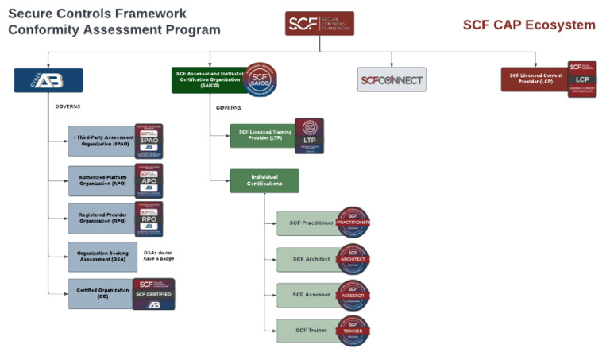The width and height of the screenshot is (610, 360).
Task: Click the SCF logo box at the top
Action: click(x=319, y=23)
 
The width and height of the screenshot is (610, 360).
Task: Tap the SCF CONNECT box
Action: click(x=391, y=79)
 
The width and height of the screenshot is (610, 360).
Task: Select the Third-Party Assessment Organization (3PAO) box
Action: click(x=102, y=141)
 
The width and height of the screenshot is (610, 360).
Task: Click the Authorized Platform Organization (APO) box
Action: click(x=102, y=180)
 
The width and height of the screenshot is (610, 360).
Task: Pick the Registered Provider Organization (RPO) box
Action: click(x=102, y=219)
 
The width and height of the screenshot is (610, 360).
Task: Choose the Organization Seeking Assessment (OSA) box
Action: click(x=102, y=257)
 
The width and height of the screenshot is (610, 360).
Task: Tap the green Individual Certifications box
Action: click(x=264, y=180)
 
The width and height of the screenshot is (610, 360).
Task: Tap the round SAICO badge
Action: click(x=261, y=79)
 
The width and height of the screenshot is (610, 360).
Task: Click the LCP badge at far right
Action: click(x=582, y=79)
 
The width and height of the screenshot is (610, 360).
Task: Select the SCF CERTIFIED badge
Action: click(x=153, y=293)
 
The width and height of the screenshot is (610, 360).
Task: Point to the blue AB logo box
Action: click(x=48, y=80)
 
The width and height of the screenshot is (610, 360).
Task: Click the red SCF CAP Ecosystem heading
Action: click(x=529, y=25)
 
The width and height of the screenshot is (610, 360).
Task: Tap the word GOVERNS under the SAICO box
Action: click(x=229, y=107)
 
